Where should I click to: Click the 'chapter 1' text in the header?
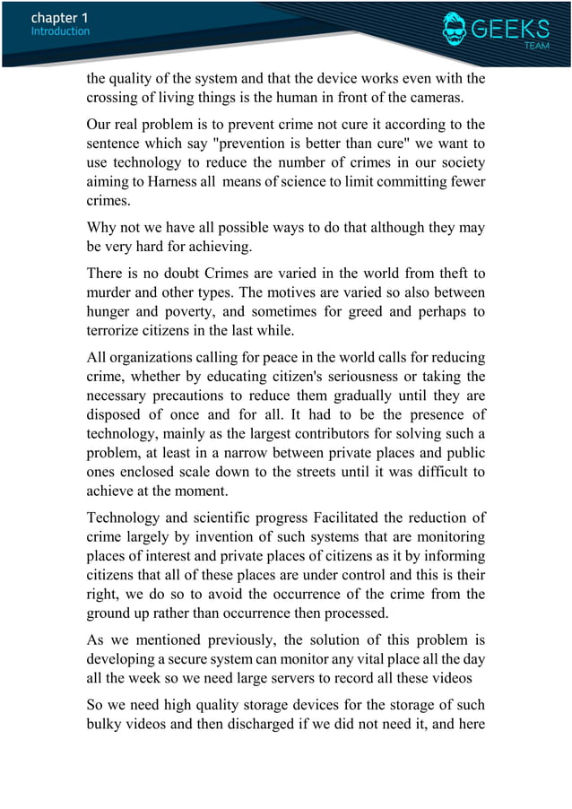59,17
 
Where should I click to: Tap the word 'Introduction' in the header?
60,31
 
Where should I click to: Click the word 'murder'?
110,292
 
